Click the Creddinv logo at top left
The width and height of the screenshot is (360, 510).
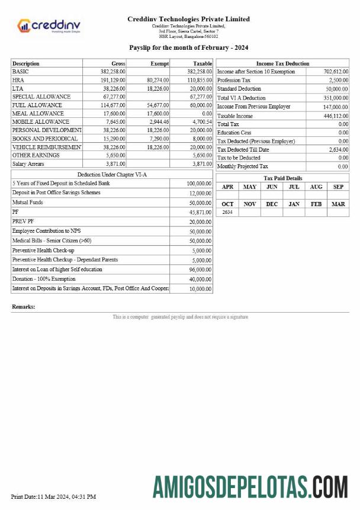click(49, 25)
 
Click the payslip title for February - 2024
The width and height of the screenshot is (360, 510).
click(188, 47)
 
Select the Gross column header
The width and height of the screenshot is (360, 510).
click(118, 63)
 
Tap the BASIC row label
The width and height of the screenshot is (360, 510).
click(21, 72)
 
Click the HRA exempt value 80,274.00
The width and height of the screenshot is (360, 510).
click(157, 80)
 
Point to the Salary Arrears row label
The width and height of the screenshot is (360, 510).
click(28, 163)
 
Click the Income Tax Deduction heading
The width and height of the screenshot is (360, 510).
click(282, 63)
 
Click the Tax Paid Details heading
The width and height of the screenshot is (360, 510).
click(282, 178)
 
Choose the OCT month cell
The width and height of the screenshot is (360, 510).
click(227, 204)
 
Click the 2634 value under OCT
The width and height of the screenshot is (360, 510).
click(227, 212)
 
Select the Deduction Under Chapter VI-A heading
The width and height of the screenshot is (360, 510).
click(112, 175)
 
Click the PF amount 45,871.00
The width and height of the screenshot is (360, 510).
click(200, 212)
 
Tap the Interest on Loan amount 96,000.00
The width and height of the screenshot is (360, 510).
click(200, 270)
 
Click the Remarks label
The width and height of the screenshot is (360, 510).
click(23, 307)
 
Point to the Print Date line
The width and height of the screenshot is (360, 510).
click(53, 496)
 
